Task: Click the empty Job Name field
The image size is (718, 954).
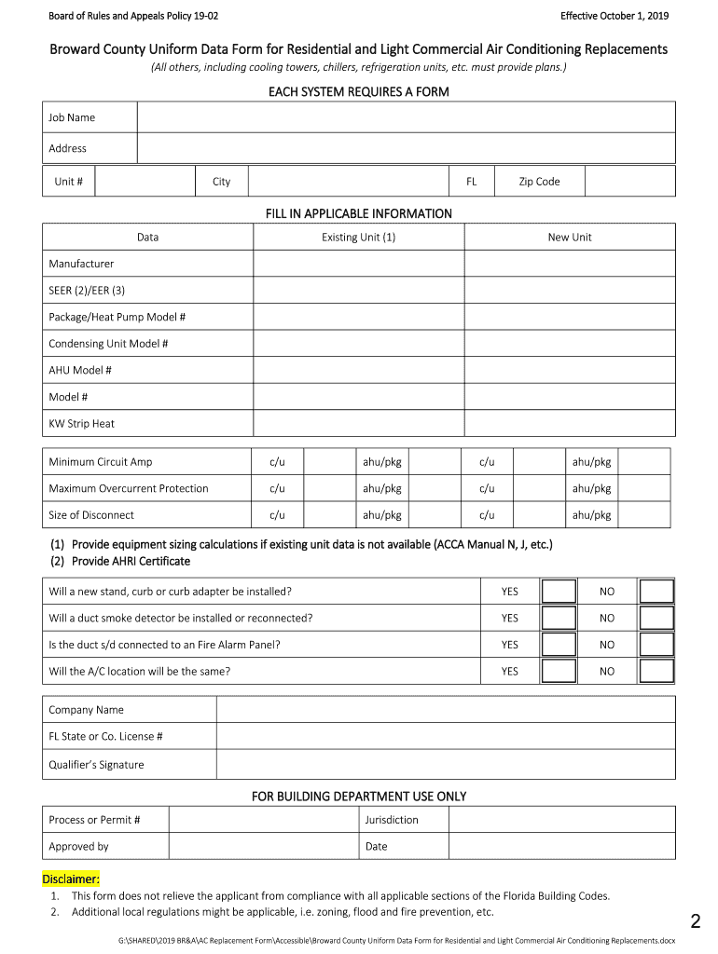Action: (x=406, y=117)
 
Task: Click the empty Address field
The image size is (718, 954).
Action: (x=406, y=148)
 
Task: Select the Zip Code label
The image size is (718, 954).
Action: (x=539, y=182)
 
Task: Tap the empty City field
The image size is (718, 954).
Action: (x=348, y=182)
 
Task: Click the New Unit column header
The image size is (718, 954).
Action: (x=569, y=238)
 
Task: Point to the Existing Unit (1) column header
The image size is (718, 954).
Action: (x=358, y=238)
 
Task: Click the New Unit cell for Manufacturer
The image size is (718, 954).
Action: (x=569, y=264)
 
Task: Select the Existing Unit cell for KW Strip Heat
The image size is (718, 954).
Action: (x=358, y=424)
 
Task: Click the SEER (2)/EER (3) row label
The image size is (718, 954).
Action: (x=87, y=291)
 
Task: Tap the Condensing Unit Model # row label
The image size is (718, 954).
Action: (x=108, y=344)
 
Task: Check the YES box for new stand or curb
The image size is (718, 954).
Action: (x=559, y=592)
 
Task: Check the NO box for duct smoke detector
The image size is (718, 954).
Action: (x=656, y=618)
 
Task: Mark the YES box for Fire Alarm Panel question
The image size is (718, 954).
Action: (x=559, y=645)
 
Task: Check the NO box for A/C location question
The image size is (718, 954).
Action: (x=656, y=671)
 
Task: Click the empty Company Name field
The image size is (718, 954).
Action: (x=445, y=710)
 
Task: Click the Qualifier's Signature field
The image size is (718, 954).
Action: (x=445, y=765)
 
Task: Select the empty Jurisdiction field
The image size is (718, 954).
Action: (x=560, y=820)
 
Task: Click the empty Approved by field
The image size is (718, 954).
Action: (x=262, y=847)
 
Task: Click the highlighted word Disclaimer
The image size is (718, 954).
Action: (x=71, y=879)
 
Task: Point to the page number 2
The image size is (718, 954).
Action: (x=695, y=922)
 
